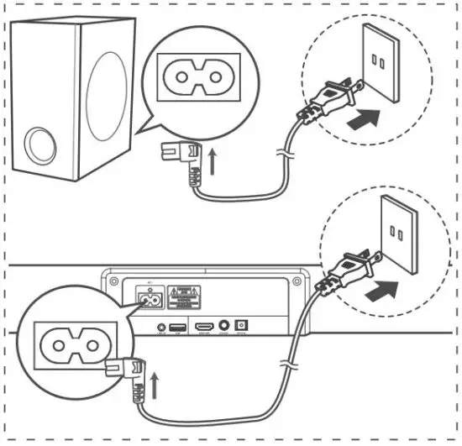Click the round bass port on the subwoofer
point(40,144)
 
